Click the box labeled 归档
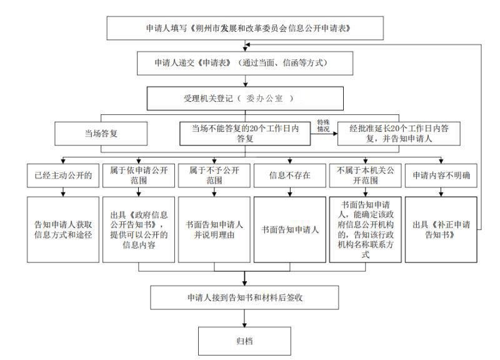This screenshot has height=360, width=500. pos(244,341)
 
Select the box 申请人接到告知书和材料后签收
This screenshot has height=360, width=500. pos(244,297)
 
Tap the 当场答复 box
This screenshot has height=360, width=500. pos(101,134)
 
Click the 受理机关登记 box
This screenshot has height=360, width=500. pos(245,99)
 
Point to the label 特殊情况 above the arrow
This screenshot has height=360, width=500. pos(323,126)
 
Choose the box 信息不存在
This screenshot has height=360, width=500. pos(290,176)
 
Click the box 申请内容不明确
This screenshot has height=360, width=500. pos(441,176)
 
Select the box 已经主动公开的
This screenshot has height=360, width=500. pos(63,176)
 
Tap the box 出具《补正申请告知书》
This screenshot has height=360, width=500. pos(441,229)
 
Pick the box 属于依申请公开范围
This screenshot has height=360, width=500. pos(139,176)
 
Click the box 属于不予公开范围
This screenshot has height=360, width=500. pos(214,176)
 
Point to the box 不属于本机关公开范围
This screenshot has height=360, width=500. pos(366,176)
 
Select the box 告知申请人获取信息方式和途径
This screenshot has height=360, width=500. pos(63,229)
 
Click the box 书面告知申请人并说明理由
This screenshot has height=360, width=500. pos(214,229)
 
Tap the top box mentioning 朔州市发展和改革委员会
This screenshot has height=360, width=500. pos(245,28)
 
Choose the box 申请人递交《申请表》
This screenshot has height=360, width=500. pos(245,63)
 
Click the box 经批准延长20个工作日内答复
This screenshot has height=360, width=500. pos(399,134)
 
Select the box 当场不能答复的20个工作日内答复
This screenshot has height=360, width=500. pos(245,134)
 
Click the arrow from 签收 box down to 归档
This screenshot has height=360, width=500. pos(244,318)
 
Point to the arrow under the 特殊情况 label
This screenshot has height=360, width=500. pos(324,134)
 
